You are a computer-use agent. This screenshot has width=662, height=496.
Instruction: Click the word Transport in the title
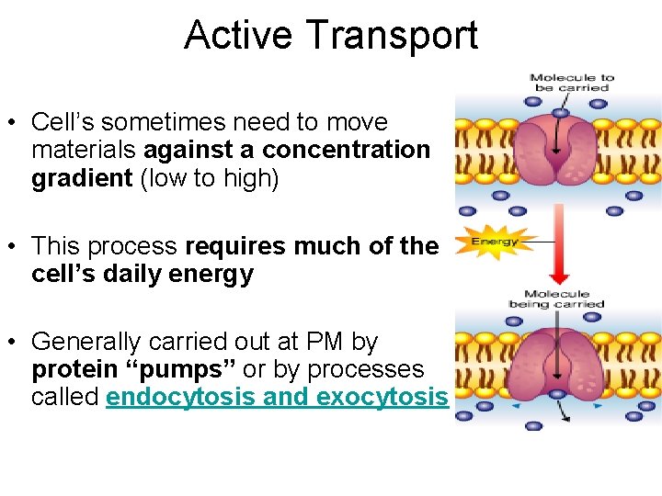[393, 36]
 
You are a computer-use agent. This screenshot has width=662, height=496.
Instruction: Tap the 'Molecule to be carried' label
[571, 83]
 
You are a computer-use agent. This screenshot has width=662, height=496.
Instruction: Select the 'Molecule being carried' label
[556, 299]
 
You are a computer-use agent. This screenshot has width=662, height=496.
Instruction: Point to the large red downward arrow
[557, 242]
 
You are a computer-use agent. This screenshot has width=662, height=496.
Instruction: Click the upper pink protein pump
[556, 147]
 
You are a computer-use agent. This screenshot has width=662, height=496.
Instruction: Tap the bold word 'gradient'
[82, 178]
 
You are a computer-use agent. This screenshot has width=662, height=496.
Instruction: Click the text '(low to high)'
[209, 178]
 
